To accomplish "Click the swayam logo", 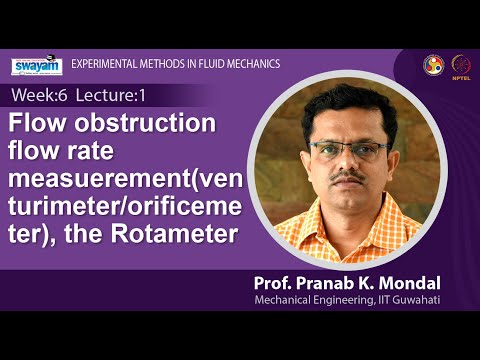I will (x=36, y=65).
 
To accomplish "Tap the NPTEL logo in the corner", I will (x=462, y=63).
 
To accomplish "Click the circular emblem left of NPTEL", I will (x=433, y=63).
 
